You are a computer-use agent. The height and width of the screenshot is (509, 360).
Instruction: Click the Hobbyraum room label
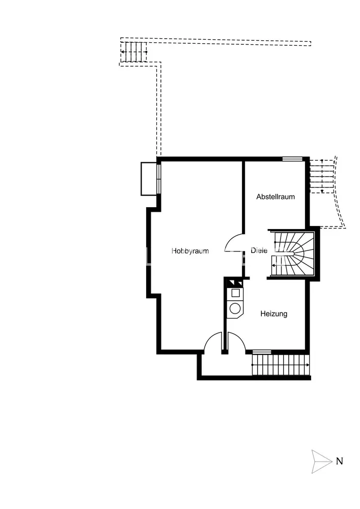coord(190,251)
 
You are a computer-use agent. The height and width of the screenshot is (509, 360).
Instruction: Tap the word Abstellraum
coord(275,196)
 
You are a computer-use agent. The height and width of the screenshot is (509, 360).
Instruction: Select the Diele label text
coord(259,250)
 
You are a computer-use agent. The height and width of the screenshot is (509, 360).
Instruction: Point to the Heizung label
coord(273,314)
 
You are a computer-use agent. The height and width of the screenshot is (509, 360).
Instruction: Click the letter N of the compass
coord(339,461)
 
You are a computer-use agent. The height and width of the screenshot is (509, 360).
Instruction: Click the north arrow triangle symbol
coord(322,461)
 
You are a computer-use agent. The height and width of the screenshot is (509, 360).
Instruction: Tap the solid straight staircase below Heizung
coord(281,365)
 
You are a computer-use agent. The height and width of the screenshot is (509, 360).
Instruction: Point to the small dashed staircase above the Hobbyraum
coord(134,51)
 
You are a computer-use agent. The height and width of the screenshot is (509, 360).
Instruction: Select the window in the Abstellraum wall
coord(292,159)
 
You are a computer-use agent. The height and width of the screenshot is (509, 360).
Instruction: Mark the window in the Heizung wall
coord(262,352)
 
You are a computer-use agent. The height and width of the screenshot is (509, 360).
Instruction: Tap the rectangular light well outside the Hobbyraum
coord(149,179)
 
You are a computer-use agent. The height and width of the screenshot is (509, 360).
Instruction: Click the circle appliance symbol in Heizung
coord(235,308)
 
